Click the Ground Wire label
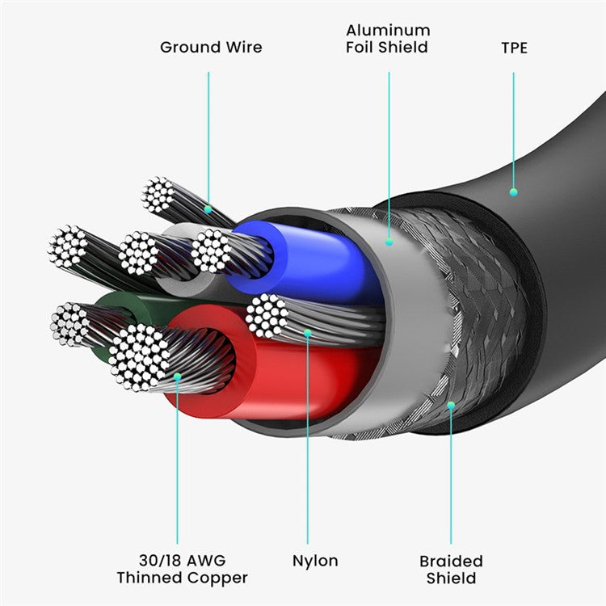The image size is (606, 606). click(x=211, y=47)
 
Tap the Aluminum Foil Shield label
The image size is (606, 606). click(x=387, y=39)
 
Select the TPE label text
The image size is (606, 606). click(x=514, y=48)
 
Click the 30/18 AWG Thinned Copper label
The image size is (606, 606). click(x=182, y=569)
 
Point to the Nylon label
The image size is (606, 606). click(x=315, y=560)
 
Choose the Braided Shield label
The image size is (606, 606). click(x=451, y=569)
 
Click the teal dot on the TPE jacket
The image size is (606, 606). click(x=513, y=192)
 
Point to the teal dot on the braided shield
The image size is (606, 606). click(x=451, y=405)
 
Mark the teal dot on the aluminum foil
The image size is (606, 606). click(x=389, y=240)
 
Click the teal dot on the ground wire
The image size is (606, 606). click(x=208, y=209)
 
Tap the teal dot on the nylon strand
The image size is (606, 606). click(x=307, y=331)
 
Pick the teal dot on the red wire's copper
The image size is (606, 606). click(x=178, y=376)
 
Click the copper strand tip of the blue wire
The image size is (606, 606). click(x=212, y=250)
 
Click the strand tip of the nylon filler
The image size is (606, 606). click(x=267, y=316)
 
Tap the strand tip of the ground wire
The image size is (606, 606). click(x=158, y=195)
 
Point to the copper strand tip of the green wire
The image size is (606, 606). click(x=69, y=325)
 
